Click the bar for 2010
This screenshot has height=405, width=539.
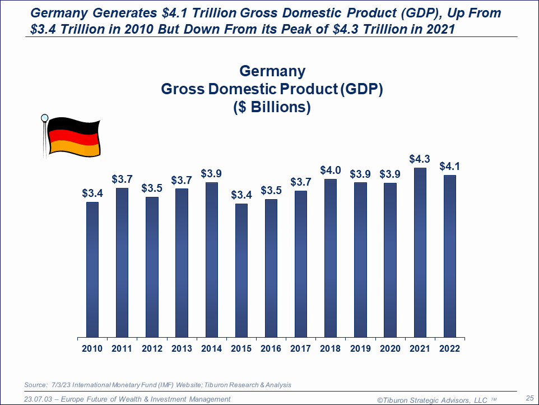[x=92, y=269]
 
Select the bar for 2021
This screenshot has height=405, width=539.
[x=420, y=252]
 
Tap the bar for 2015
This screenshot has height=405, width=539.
[x=241, y=270]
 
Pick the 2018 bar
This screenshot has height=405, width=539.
[x=331, y=258]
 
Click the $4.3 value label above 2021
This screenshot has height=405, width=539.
[x=420, y=159]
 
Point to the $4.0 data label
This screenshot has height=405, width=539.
[x=331, y=170]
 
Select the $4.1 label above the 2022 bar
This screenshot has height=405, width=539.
[x=449, y=166]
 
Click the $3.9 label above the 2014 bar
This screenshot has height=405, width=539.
[x=212, y=173]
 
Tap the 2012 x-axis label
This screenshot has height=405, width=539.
[x=151, y=349]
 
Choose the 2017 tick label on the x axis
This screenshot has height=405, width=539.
[x=301, y=349]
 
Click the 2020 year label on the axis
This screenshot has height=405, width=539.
[x=390, y=349]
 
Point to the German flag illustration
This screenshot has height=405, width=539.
[x=73, y=136]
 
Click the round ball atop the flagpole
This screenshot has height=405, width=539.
[x=44, y=118]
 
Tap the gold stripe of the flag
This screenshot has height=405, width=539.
[x=75, y=148]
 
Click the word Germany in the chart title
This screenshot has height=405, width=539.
[x=272, y=71]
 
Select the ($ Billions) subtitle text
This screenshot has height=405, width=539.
[x=272, y=107]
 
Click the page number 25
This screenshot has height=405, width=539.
[x=529, y=398]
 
